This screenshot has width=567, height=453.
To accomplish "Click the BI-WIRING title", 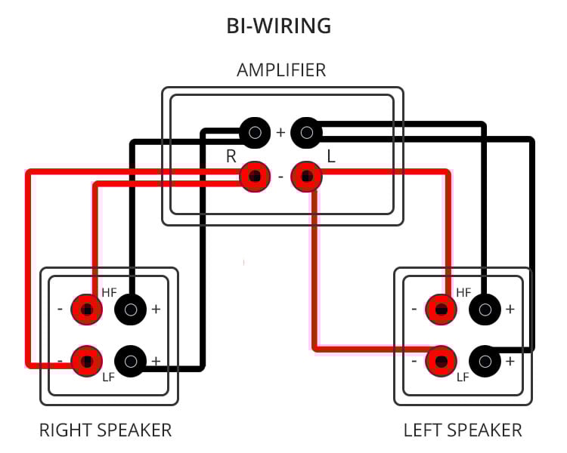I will click(279, 26).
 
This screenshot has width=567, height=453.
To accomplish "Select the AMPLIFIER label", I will click(281, 71).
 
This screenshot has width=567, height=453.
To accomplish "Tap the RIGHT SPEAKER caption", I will click(106, 430).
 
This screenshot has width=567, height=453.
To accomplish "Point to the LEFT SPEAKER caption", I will click(463, 430).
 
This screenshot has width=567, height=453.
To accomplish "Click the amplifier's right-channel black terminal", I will click(256, 133).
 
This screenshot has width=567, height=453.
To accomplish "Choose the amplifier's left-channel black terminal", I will click(306, 133).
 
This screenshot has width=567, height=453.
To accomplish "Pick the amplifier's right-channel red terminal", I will click(256, 177).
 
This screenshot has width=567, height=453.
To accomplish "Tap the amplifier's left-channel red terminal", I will click(306, 177).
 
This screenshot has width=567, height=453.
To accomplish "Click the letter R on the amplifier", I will click(231, 156).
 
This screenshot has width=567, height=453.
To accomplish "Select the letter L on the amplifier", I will click(330, 156).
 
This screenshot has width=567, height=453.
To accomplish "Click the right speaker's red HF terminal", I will click(87, 309).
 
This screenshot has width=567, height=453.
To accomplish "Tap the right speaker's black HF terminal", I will click(130, 309).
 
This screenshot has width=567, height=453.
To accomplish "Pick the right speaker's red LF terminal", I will click(87, 360).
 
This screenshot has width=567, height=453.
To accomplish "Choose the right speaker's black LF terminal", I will click(130, 361).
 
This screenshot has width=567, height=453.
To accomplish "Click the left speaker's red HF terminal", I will click(441, 309).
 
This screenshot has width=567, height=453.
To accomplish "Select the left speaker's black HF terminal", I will click(485, 309).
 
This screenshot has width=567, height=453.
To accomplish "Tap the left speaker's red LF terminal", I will click(441, 360).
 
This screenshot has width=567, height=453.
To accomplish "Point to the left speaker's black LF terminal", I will click(485, 361).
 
